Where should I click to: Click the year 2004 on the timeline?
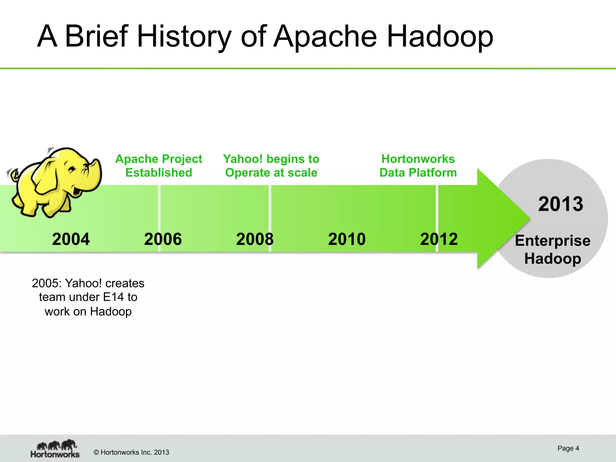tap(71, 239)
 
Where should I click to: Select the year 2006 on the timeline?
tap(163, 239)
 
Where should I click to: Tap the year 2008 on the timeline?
tap(255, 239)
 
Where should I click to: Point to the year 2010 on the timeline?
tap(347, 239)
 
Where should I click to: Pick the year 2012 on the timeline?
tap(439, 239)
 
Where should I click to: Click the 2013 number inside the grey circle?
tap(560, 204)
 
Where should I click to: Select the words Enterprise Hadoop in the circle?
tap(553, 250)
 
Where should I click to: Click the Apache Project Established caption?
tap(159, 166)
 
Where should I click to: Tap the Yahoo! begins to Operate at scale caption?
tap(271, 166)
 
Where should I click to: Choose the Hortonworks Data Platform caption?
tap(418, 166)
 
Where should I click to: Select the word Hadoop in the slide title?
tap(440, 37)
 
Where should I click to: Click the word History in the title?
tap(184, 37)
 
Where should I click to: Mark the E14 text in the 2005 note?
tap(113, 297)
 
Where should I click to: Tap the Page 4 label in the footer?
tap(568, 448)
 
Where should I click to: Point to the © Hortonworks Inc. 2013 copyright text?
tap(131, 452)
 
